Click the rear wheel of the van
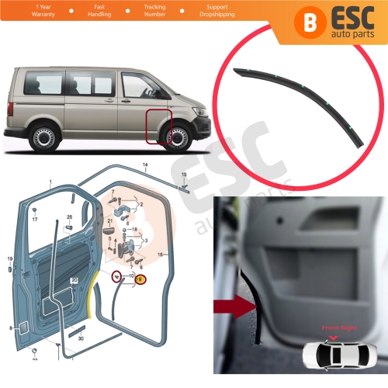coord(43,140)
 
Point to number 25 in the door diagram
coord(68,217)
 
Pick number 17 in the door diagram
coord(35,220)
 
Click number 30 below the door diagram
coord(81,338)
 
